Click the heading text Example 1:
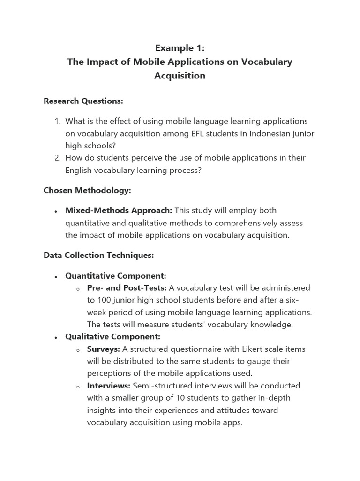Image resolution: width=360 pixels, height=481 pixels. point(180,48)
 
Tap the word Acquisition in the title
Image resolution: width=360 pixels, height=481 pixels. point(180,75)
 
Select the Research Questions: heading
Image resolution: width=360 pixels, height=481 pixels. point(83,101)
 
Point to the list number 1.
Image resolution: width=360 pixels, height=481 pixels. point(57,121)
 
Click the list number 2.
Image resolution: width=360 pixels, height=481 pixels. point(57,158)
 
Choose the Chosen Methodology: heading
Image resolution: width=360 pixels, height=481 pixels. point(87,190)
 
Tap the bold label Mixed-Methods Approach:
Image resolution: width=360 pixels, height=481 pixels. point(119,210)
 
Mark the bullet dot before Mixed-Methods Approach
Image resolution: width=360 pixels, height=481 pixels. point(56,211)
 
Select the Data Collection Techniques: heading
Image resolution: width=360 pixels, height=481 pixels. point(98,255)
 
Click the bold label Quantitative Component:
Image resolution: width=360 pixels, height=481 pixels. point(116,276)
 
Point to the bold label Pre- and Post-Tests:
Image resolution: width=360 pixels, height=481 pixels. point(127,287)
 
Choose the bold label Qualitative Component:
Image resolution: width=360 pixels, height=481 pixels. point(112,337)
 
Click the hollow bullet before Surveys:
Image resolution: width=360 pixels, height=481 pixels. point(78,350)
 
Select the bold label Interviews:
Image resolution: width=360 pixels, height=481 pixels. point(109,386)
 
